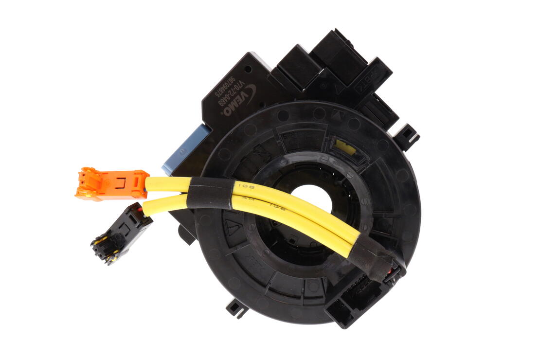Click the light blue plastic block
pyautogui.click(x=184, y=148)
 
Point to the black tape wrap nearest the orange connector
pyautogui.click(x=210, y=192)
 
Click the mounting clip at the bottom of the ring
pyautogui.click(x=237, y=307)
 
